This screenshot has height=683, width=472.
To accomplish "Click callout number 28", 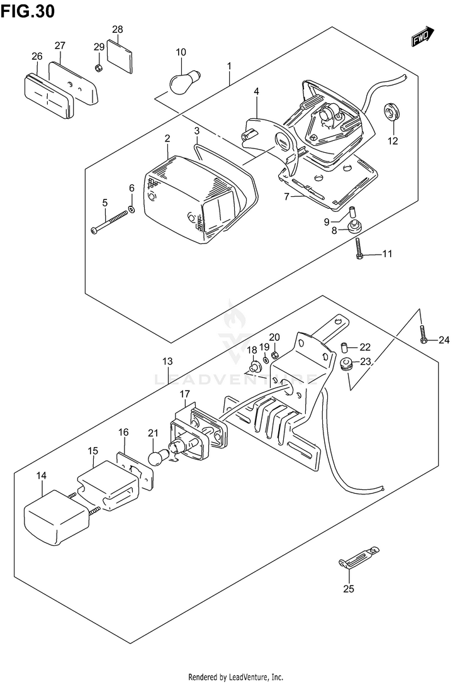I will (x=118, y=30).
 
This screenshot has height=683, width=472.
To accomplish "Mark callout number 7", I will (x=286, y=197).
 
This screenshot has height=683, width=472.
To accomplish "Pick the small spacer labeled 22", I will (x=345, y=347).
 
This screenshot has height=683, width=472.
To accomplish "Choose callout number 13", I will (x=167, y=362).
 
